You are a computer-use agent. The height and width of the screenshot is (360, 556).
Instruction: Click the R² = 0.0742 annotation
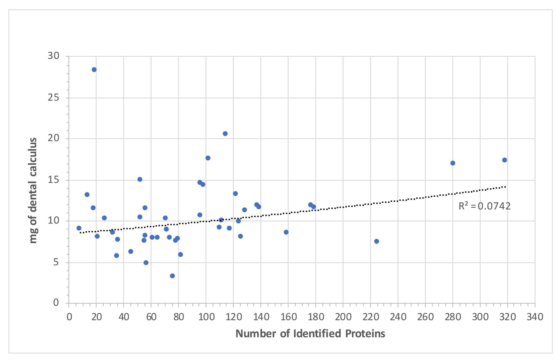[x=484, y=206]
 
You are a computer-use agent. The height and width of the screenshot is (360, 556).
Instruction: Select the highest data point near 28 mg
[x=94, y=69]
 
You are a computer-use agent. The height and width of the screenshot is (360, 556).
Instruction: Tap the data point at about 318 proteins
[x=505, y=160]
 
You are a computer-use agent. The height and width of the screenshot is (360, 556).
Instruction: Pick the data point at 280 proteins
[x=453, y=163]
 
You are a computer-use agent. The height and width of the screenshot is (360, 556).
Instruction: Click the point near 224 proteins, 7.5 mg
[x=376, y=241]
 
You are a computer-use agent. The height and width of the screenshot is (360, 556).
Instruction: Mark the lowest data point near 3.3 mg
[x=172, y=276]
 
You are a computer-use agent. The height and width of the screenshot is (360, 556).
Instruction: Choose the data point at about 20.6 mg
[x=225, y=133]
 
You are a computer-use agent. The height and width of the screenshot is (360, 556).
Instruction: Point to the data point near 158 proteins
[x=286, y=232]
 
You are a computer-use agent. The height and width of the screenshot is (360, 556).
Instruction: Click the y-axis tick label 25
[x=54, y=98]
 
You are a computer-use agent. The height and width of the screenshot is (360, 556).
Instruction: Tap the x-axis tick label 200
[x=343, y=317]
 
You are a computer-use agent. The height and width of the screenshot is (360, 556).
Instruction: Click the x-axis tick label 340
[x=535, y=317]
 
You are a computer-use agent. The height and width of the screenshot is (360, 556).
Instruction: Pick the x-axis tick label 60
[x=151, y=317]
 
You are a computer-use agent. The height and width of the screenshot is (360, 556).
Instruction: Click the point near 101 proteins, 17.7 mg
[x=208, y=158]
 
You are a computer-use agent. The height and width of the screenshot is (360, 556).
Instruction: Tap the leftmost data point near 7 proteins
[x=79, y=228]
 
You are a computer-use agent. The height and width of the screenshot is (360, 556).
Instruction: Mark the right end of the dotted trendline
[x=506, y=187]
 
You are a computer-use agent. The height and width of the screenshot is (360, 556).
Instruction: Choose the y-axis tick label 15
[x=54, y=180]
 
